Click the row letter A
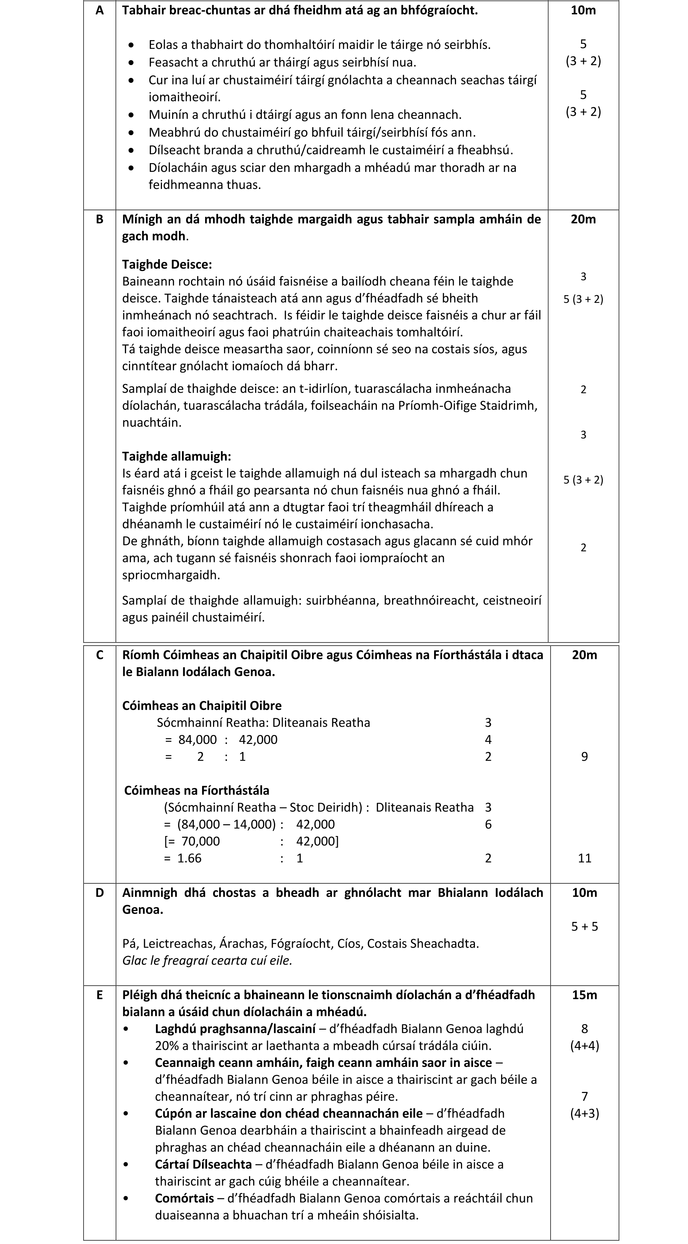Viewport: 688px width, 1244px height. [x=100, y=10]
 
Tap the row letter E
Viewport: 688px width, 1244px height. [x=100, y=995]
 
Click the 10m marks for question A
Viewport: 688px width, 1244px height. [x=583, y=10]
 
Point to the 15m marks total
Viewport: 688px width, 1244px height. [x=584, y=995]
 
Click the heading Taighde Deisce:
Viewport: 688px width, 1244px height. [x=167, y=264]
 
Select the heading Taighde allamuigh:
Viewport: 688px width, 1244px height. [x=176, y=456]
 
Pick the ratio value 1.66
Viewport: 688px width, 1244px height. [x=189, y=858]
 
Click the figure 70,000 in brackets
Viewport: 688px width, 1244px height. [x=200, y=841]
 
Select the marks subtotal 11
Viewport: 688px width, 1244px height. [x=584, y=858]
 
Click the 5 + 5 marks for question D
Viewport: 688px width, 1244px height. [x=584, y=926]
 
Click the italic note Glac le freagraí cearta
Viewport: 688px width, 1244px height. [x=207, y=960]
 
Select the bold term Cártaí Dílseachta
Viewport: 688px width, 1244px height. [x=203, y=1164]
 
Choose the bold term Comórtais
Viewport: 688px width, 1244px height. [x=184, y=1198]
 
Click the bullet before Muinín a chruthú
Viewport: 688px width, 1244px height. [x=131, y=115]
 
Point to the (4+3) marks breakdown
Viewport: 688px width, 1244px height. [x=584, y=1113]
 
